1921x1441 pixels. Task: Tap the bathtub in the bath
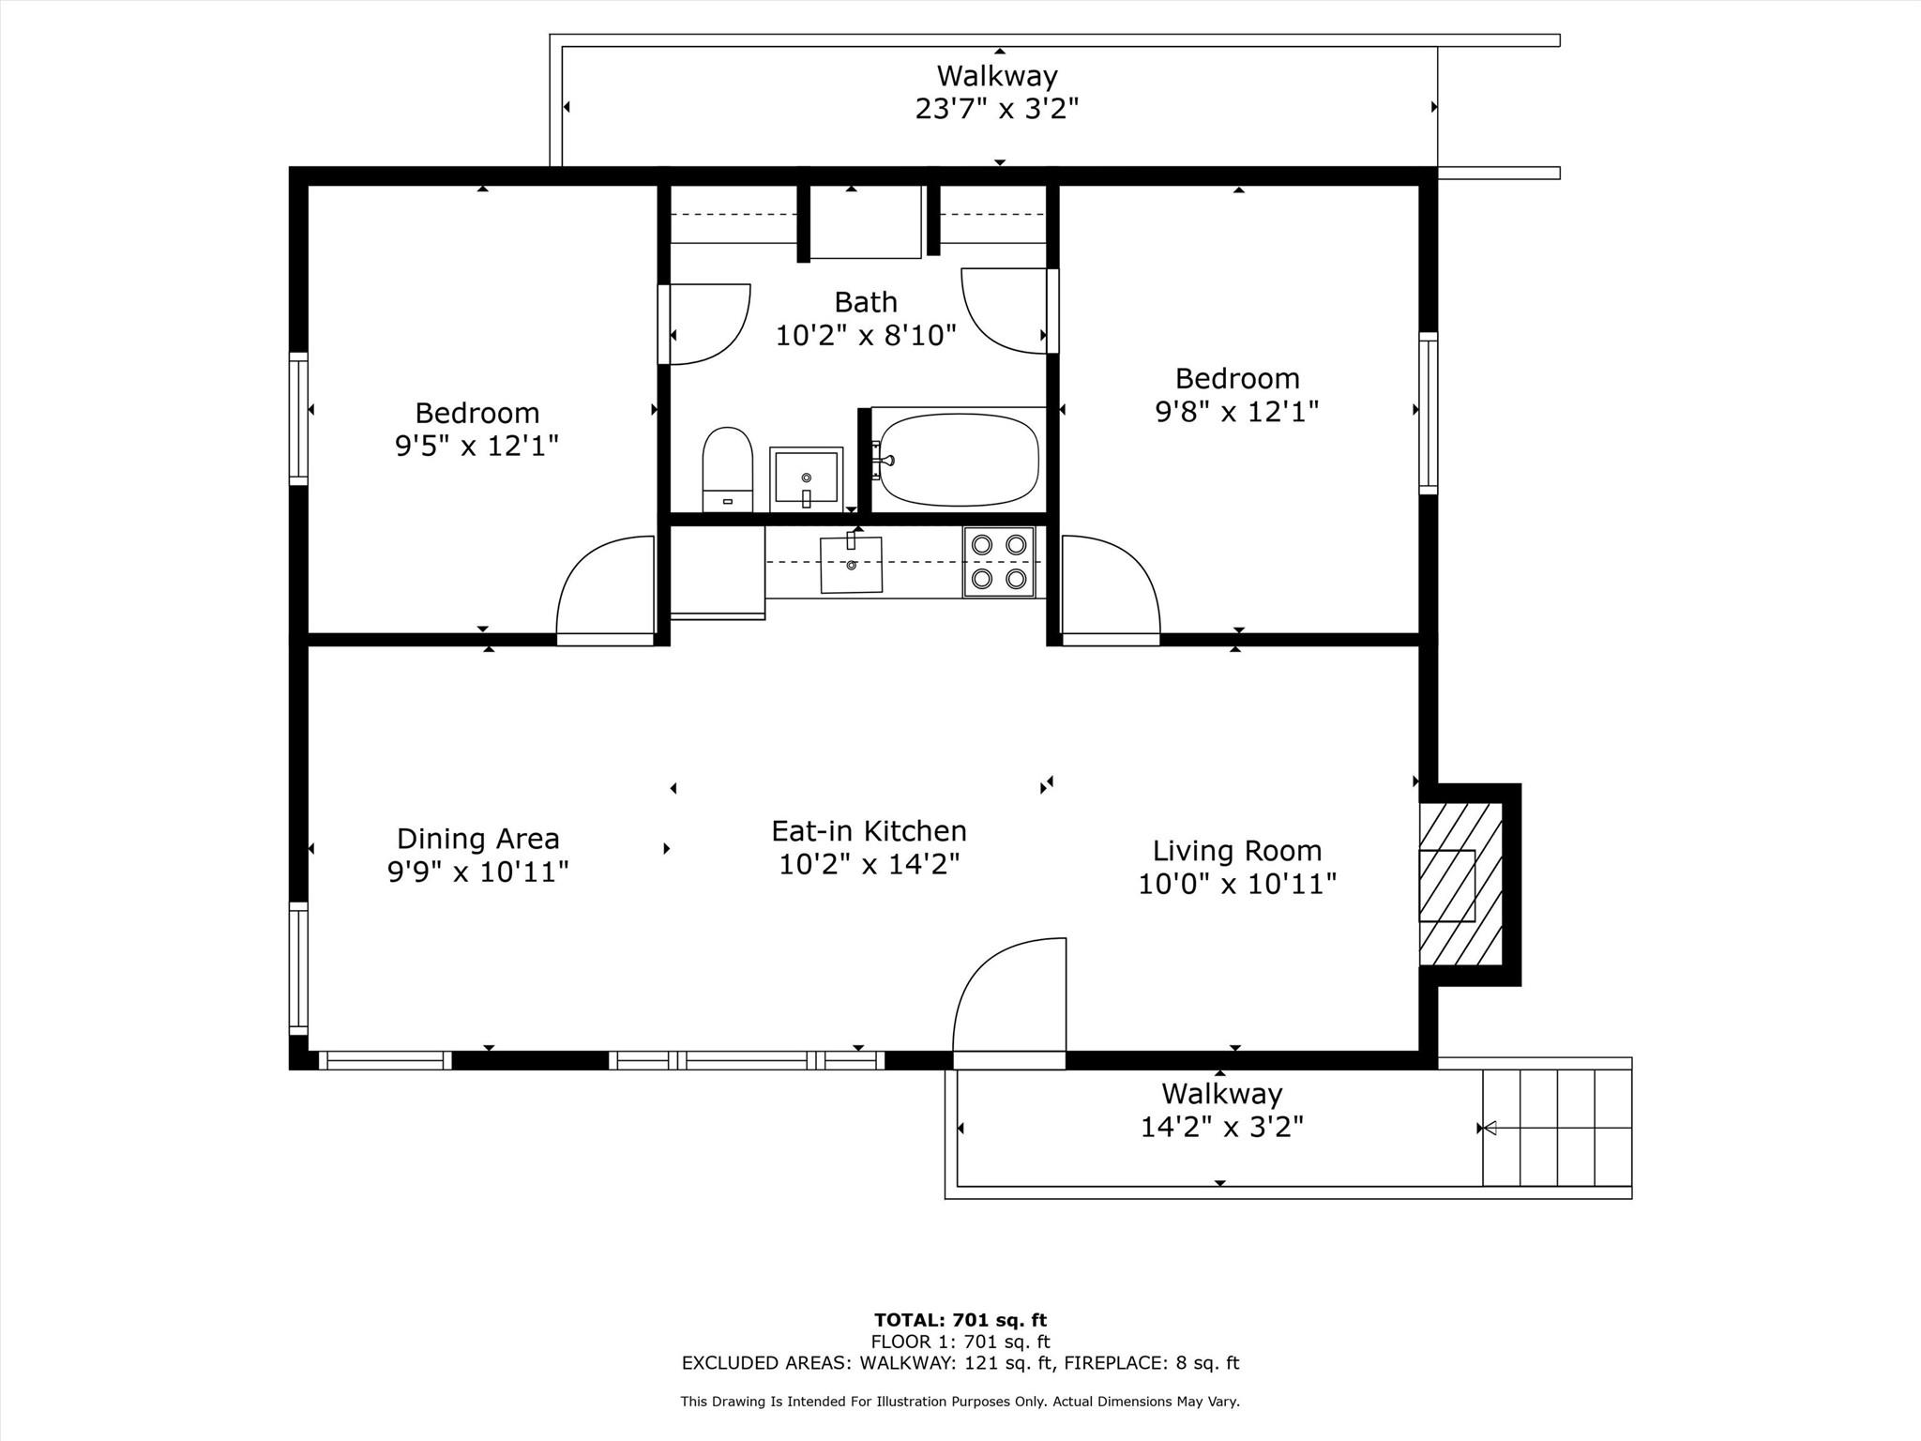[x=959, y=460]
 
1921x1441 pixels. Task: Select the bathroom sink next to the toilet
[x=806, y=478]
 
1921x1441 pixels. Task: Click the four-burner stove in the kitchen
[x=999, y=561]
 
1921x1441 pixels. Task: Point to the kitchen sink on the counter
[x=851, y=564]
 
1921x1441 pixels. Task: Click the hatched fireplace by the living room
[x=1460, y=885]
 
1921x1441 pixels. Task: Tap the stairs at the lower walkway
[x=1556, y=1127]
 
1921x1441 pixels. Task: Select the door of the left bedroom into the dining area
[x=605, y=589]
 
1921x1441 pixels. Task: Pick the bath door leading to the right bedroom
[x=1004, y=311]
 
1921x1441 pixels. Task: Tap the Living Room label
[x=1236, y=851]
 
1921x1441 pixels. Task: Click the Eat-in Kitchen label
[x=869, y=831]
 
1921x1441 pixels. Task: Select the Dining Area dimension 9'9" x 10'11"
[x=477, y=872]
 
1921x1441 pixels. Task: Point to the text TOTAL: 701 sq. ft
[x=960, y=1320]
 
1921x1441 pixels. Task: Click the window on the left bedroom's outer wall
[x=298, y=418]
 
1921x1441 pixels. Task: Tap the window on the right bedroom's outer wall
[x=1428, y=413]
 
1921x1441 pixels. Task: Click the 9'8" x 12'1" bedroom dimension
[x=1236, y=412]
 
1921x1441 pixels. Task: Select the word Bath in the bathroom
[x=865, y=302]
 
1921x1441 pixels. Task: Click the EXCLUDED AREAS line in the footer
[x=960, y=1363]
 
